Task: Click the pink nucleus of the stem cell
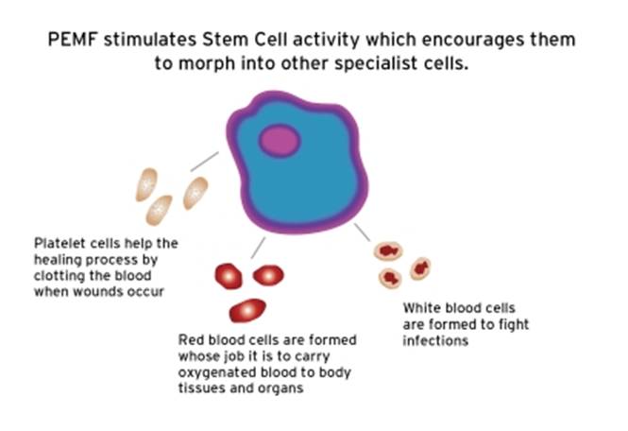pyautogui.click(x=280, y=141)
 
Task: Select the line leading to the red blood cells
pyautogui.click(x=257, y=249)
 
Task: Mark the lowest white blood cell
pyautogui.click(x=388, y=278)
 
